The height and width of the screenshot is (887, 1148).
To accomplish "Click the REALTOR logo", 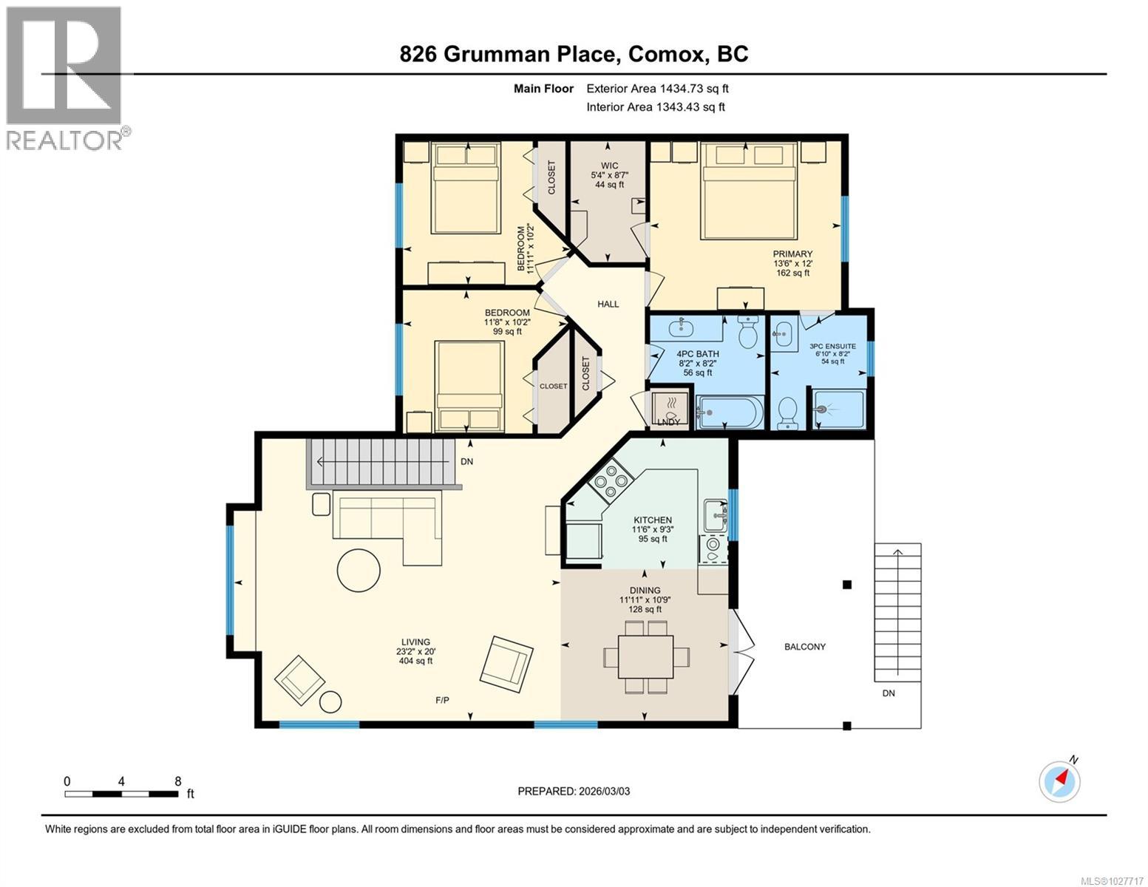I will click(65, 78).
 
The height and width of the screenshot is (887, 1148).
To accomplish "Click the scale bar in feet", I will click(121, 794).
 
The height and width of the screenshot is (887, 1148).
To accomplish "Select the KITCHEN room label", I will click(651, 520).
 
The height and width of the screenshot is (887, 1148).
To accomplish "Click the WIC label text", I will click(609, 166).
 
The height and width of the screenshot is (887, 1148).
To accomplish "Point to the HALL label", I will click(608, 304).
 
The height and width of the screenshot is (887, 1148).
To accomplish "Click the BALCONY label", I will click(804, 647).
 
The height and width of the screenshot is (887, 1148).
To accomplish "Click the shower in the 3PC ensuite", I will click(838, 409).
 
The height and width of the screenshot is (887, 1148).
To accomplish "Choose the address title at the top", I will click(574, 54).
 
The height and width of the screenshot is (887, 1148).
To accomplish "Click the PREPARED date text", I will click(574, 791).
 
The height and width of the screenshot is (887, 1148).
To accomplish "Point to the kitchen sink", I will click(714, 514).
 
